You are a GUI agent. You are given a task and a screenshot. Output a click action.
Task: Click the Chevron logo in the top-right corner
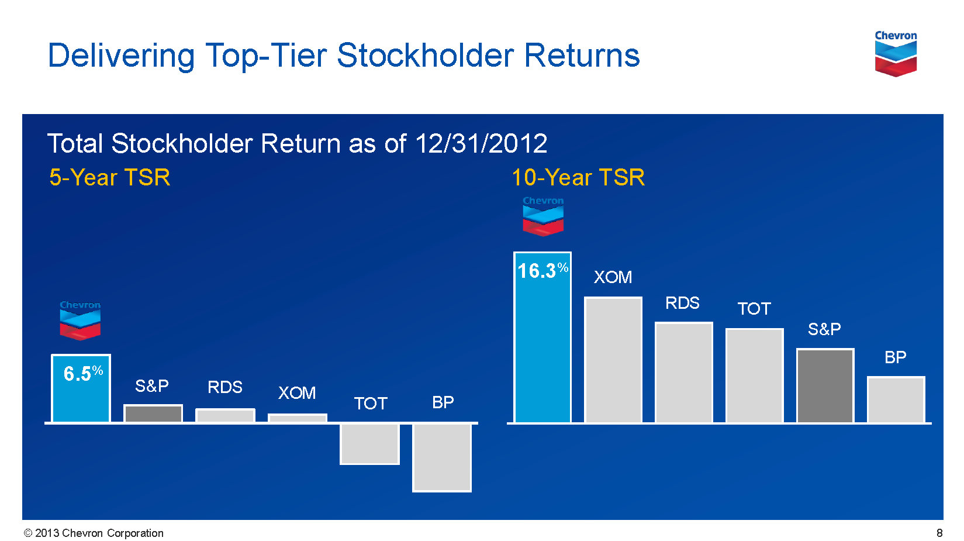896,53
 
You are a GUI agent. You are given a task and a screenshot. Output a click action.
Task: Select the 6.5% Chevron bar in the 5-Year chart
81,388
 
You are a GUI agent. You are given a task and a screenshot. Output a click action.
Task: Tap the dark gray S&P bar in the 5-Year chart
153,413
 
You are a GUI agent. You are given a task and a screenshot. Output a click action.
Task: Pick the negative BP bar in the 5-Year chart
442,457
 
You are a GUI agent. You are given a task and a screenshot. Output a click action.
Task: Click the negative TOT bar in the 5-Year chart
369,444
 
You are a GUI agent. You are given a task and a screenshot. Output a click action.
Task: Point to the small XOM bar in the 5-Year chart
298,418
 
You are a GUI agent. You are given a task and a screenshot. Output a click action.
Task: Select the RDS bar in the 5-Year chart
226,416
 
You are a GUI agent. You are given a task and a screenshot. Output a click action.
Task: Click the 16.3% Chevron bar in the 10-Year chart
543,337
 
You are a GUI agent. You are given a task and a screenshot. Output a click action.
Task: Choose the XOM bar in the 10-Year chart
613,360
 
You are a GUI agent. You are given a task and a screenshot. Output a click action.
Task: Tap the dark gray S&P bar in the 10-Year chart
825,385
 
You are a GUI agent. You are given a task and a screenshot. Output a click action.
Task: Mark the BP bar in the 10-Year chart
896,400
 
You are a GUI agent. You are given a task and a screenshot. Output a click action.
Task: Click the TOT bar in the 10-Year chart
754,375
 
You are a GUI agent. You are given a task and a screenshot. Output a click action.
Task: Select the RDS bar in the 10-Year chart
684,373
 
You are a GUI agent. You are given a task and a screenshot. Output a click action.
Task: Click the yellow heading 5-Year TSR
110,177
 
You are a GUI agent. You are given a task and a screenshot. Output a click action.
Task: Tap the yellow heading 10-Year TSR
578,177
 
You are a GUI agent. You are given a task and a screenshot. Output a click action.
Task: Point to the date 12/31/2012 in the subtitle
481,143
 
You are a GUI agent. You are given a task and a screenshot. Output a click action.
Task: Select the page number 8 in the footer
939,533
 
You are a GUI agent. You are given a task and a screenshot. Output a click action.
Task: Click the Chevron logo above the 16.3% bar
543,216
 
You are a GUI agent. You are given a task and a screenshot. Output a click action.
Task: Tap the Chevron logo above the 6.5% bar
80,321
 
